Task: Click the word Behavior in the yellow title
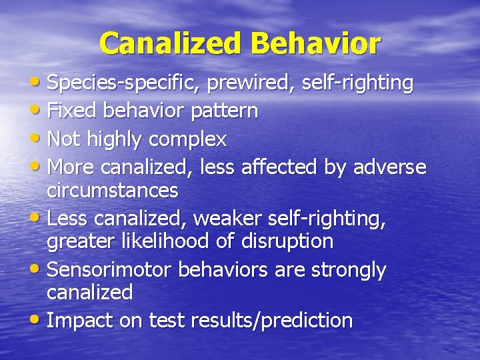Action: point(316,44)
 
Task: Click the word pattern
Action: point(224,111)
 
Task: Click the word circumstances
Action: point(113,191)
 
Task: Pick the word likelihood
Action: point(171,241)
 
